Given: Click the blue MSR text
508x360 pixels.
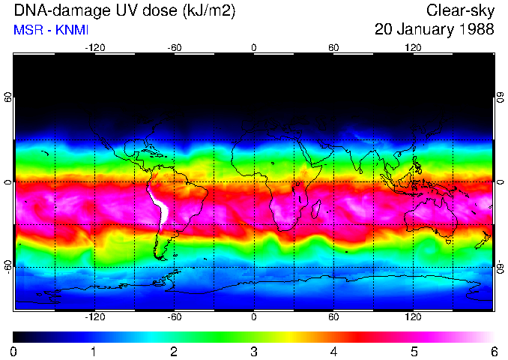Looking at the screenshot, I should pos(27,30).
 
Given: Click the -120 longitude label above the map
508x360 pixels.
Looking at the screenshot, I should pos(94,48).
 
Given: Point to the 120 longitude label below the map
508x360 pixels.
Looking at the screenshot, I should pos(413,316).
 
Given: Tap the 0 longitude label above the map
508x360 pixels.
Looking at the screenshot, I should pos(254,48).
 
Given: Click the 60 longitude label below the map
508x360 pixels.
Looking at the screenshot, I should pos(333,316).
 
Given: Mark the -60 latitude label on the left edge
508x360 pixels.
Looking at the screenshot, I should pos(8,266).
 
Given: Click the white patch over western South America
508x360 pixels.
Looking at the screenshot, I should pos(158,205).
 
